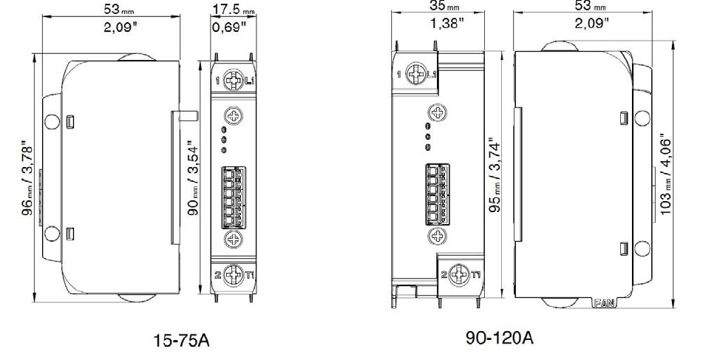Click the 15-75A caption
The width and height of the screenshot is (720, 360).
pyautogui.click(x=181, y=340)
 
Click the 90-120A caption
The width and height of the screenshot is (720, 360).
pyautogui.click(x=500, y=338)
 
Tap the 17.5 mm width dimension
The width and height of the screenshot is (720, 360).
pyautogui.click(x=234, y=8)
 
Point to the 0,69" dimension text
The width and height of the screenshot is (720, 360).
pyautogui.click(x=229, y=27)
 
